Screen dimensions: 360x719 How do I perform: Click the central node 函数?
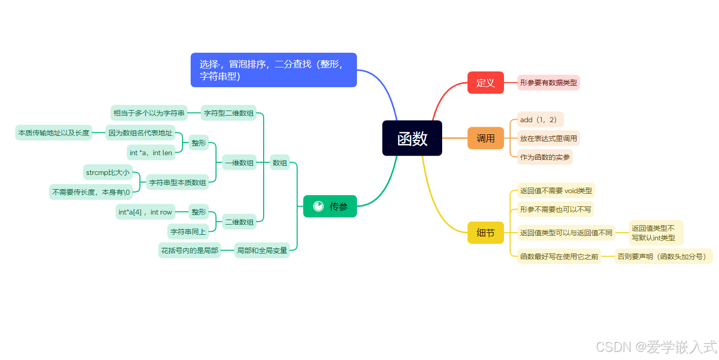(x=412, y=138)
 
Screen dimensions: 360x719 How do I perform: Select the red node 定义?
(x=485, y=83)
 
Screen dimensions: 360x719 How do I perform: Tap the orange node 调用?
(x=485, y=138)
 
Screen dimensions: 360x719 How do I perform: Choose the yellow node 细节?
(x=485, y=233)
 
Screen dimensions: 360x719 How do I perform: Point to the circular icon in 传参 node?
(x=318, y=206)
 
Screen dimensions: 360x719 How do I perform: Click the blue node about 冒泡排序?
(x=274, y=70)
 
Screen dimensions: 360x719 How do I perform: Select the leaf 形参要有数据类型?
(x=548, y=83)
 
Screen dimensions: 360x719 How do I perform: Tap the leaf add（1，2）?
(x=540, y=120)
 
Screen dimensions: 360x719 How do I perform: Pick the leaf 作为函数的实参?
(x=545, y=157)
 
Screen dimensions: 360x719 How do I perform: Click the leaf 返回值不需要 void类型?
(x=556, y=191)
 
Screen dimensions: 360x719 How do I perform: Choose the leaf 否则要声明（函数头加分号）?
(x=663, y=257)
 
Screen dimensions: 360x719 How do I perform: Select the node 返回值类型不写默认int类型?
(x=656, y=233)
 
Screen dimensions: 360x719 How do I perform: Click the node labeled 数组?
(x=279, y=163)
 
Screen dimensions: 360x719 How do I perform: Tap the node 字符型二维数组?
(x=229, y=113)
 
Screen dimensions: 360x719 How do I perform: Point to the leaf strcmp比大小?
(x=107, y=172)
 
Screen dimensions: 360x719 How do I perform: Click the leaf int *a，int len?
(x=151, y=153)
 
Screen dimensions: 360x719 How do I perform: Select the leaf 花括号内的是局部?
(x=190, y=250)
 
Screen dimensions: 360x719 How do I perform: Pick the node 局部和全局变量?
(x=262, y=250)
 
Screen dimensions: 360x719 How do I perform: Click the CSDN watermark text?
(x=656, y=347)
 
